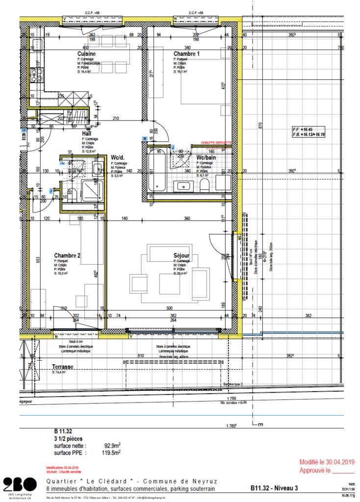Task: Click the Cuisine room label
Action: (86, 54)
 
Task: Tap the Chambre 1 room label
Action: (186, 54)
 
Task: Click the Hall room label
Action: (86, 133)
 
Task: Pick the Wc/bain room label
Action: (206, 158)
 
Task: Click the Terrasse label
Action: (63, 367)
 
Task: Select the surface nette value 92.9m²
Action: (111, 446)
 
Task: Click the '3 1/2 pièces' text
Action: (68, 439)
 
